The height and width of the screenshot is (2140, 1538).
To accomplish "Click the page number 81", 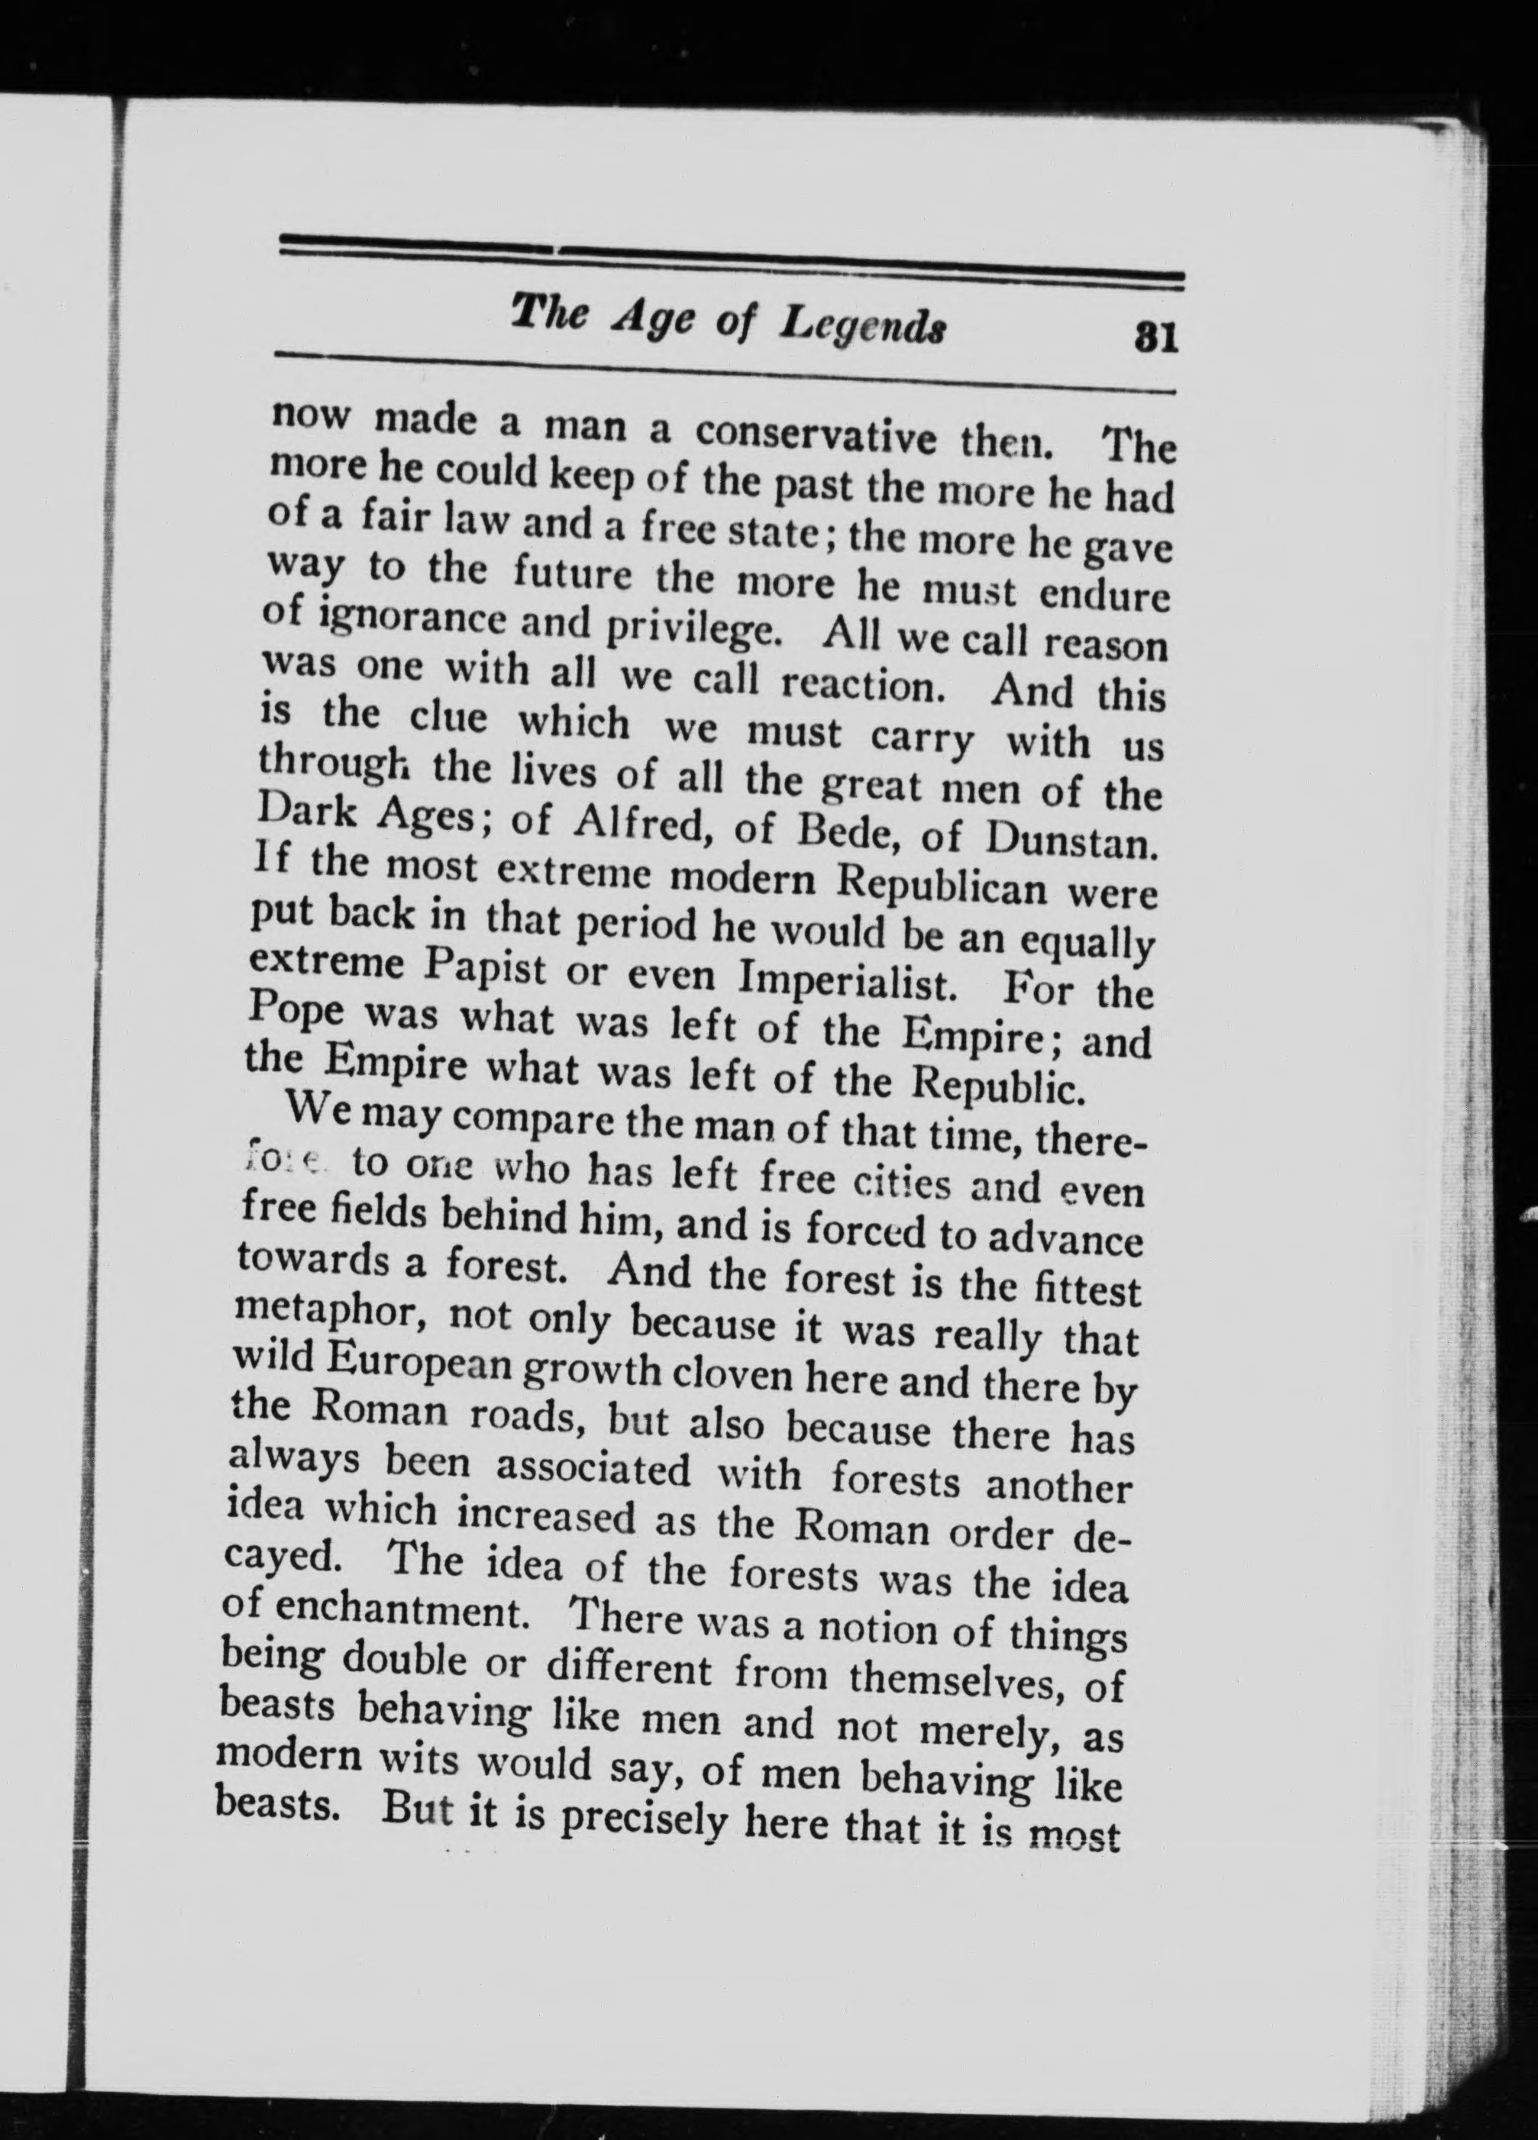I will (x=1157, y=337).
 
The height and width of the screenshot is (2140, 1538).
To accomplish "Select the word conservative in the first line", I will (x=816, y=435).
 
